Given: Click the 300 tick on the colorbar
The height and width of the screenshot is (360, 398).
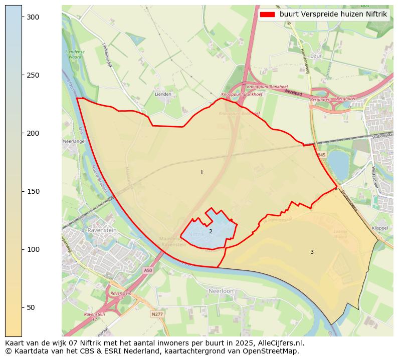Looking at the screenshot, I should point(22,17).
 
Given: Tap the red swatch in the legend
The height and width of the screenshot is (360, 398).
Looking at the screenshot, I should point(268,15).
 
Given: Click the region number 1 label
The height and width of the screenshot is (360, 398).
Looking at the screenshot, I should point(202,173).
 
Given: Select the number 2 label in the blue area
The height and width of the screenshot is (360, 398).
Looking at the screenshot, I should point(211,231).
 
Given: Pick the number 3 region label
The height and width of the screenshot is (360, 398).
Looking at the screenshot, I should point(312,252).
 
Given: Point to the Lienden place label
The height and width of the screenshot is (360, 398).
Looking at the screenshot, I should point(163,94).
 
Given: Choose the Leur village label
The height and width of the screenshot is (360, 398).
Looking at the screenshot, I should point(316,56).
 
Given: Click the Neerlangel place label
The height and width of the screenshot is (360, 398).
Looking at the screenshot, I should point(74,141).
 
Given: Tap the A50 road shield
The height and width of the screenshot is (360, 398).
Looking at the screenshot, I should point(147,270).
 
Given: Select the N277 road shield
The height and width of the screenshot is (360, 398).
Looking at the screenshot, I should point(156,314).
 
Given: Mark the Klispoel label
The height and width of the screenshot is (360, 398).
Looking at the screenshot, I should point(380,228).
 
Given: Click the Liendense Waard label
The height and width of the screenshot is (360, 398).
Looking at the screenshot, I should point(75,54).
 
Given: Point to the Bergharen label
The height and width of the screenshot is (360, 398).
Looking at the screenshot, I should point(347,99).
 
